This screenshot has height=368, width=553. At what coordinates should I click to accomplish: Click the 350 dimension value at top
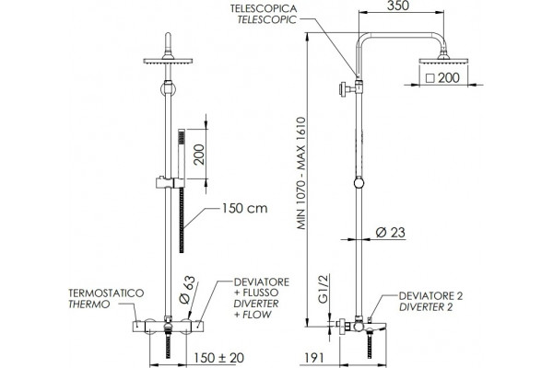point(398,6)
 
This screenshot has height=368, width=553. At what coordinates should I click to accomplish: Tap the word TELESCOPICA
point(264,8)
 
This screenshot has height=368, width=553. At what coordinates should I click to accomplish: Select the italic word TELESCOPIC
point(267,19)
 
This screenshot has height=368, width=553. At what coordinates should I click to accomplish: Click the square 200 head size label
point(442,78)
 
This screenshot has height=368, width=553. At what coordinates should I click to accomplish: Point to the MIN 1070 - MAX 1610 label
point(300,173)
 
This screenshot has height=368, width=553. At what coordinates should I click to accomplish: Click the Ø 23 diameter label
point(391,233)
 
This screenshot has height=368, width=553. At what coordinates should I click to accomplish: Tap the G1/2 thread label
point(324,288)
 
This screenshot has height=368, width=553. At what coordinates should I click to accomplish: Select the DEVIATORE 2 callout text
point(430,296)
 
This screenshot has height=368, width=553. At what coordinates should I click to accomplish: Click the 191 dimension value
point(313,358)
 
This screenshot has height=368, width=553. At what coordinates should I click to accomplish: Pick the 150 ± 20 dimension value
point(218,358)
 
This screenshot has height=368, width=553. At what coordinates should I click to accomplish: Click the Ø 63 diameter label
point(187,290)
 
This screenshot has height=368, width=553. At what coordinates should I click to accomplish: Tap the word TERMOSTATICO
point(106,293)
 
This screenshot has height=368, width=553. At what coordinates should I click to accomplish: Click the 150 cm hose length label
point(244,208)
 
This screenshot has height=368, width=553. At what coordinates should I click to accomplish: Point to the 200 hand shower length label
point(199,155)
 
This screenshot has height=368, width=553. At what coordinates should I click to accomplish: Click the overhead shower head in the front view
point(168,61)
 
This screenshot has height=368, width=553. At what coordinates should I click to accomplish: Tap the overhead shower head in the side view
point(443,60)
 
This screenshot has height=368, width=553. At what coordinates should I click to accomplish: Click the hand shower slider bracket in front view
point(170,182)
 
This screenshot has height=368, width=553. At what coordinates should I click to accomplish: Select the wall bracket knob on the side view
point(343,88)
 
